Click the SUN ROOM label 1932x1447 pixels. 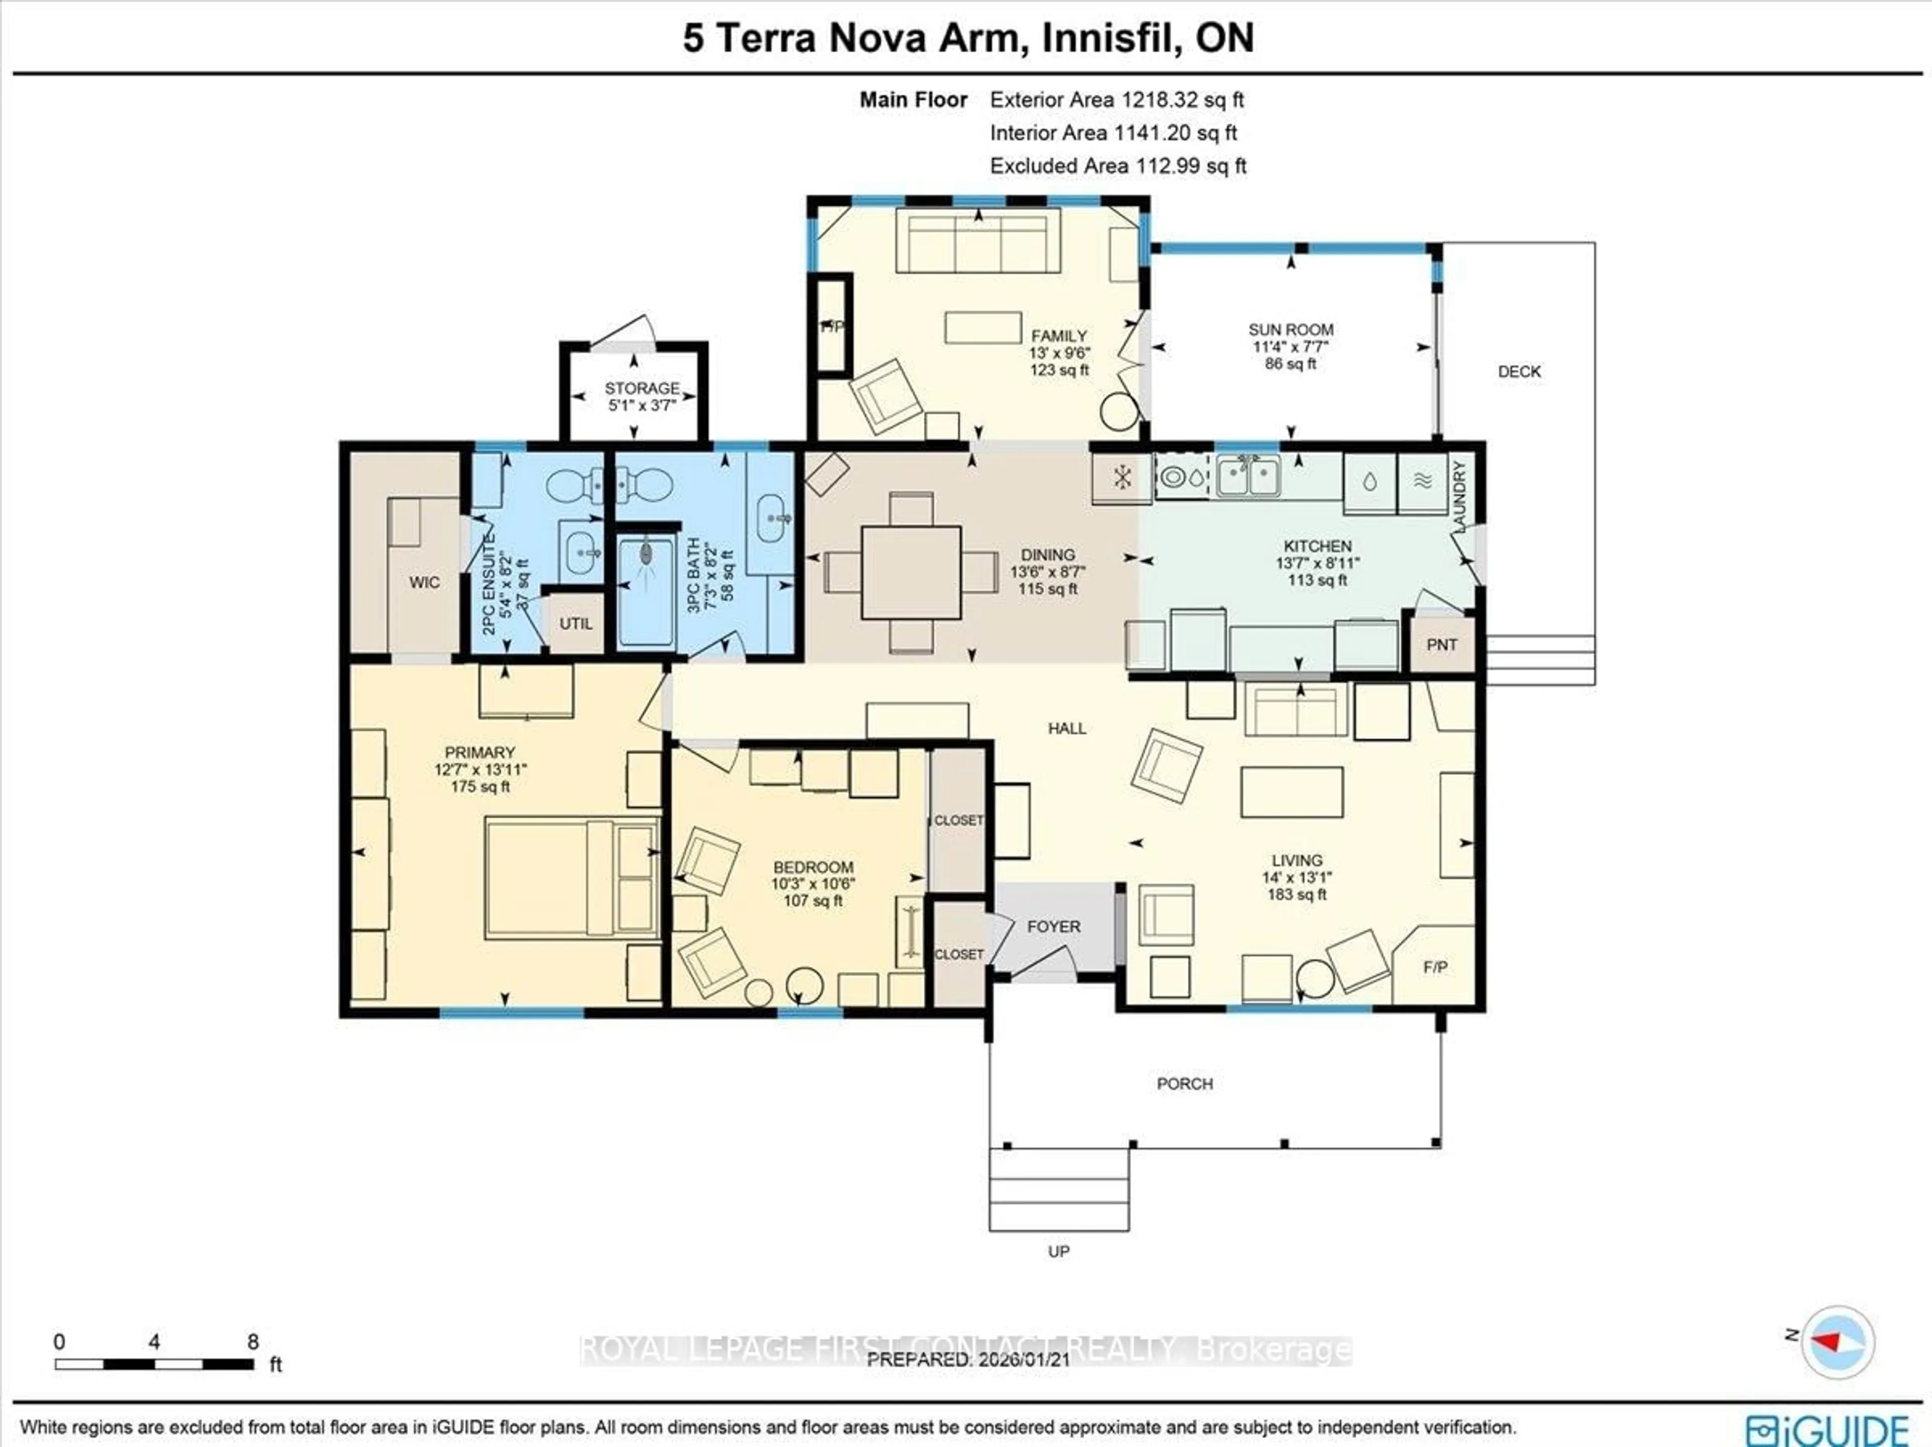1290,330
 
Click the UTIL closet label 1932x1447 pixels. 576,624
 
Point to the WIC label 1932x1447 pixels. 425,582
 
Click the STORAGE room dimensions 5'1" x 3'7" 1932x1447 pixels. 642,405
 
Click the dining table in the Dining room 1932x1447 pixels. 911,572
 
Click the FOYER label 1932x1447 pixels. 1054,926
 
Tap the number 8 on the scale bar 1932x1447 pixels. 253,1341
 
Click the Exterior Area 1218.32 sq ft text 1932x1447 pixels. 1116,100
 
